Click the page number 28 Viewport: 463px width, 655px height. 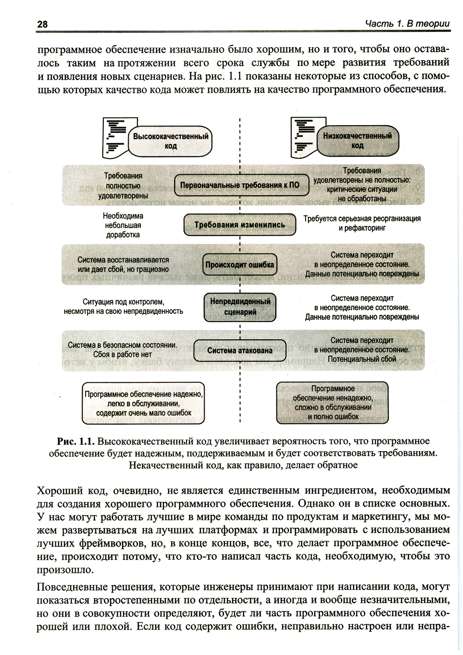(x=42, y=24)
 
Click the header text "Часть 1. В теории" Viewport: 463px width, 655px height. (x=407, y=23)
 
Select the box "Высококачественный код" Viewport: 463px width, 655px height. (x=171, y=141)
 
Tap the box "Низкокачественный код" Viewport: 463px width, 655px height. (x=357, y=140)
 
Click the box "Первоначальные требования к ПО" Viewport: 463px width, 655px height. (x=239, y=185)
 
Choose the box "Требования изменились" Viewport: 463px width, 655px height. (x=239, y=225)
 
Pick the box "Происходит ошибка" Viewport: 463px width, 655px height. (x=239, y=266)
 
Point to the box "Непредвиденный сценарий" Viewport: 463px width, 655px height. (x=240, y=306)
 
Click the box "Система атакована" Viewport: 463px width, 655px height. (x=239, y=350)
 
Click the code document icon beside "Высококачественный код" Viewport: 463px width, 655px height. (x=115, y=137)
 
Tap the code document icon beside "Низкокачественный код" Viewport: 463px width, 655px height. (x=303, y=137)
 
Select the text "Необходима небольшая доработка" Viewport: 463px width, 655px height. (x=123, y=225)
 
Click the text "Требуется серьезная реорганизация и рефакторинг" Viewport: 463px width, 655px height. (x=362, y=223)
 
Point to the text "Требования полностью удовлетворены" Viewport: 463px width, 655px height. (x=123, y=185)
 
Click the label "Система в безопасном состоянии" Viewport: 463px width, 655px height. (x=122, y=345)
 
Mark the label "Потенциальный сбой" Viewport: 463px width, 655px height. (x=362, y=359)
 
